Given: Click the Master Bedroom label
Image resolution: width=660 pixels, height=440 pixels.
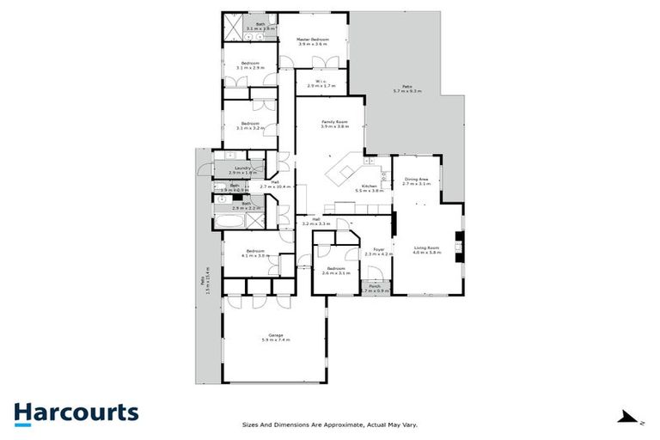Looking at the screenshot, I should (x=313, y=41).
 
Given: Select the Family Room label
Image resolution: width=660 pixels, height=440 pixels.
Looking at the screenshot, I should (x=334, y=124).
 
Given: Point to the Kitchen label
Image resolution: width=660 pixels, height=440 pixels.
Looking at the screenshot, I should (x=370, y=187).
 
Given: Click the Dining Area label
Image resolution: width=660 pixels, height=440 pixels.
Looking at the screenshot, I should (x=416, y=180).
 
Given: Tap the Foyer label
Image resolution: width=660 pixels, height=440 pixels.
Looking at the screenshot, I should (x=378, y=252).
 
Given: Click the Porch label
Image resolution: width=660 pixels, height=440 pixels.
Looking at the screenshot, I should (x=376, y=289).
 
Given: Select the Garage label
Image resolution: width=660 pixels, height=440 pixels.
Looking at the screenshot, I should (x=275, y=337).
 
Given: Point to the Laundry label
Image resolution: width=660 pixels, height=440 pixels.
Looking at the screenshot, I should (x=241, y=170).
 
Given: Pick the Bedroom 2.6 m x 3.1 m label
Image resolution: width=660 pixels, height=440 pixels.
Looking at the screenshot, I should (x=333, y=271).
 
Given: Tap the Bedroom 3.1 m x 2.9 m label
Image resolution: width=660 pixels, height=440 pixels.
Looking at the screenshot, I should (x=251, y=64).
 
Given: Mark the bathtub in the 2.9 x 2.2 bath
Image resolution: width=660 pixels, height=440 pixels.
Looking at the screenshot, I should (x=228, y=221).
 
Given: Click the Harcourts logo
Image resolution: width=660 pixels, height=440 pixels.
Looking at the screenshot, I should (x=76, y=412).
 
